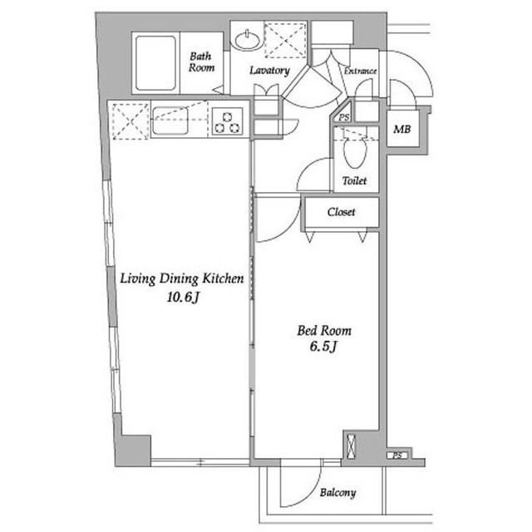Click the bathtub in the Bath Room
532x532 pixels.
[155, 63]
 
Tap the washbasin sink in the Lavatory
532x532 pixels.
[248, 40]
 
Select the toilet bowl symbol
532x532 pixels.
[355, 151]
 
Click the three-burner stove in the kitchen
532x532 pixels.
[227, 122]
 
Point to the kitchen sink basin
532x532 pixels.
[170, 121]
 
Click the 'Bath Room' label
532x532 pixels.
[201, 62]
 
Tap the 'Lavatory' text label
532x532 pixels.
[269, 70]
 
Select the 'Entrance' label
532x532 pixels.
[360, 71]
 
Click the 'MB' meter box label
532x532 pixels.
[402, 129]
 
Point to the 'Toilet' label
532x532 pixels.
[354, 180]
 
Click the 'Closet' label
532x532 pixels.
[341, 212]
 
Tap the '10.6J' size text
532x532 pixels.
[183, 298]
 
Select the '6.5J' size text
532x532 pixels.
[323, 347]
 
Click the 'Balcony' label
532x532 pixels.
[337, 493]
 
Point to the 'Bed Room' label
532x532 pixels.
[324, 331]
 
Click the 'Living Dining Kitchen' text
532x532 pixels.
[182, 278]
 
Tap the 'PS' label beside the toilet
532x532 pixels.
[344, 117]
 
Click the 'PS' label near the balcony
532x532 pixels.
[397, 456]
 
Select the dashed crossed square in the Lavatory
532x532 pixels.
[286, 40]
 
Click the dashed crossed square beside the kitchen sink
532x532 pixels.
[131, 121]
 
